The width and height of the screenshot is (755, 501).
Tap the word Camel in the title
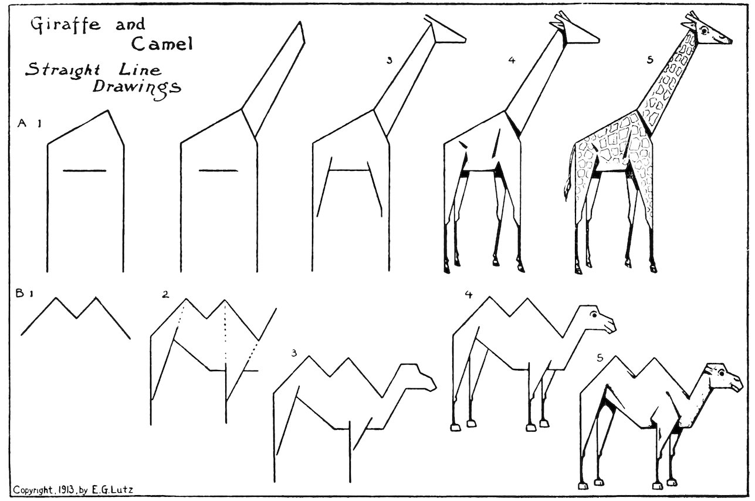(162, 43)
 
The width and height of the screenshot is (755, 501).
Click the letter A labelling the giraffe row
(23, 123)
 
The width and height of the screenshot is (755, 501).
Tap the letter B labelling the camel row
(19, 294)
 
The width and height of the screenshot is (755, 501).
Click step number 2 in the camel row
(166, 295)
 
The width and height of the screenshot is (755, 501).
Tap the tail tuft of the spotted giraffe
(567, 190)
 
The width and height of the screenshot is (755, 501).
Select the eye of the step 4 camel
(595, 315)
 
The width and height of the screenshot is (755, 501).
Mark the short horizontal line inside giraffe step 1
(84, 171)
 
